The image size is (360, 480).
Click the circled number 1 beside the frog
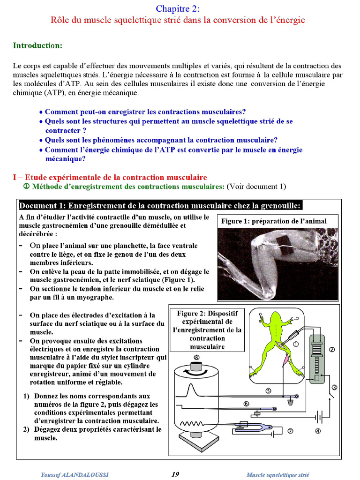(x=296, y=344)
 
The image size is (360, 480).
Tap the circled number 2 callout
(x=332, y=349)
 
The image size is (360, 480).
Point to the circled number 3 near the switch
(x=334, y=387)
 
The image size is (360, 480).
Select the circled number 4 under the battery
(x=317, y=431)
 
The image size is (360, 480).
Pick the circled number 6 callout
(x=246, y=404)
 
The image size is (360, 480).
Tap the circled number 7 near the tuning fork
(x=290, y=431)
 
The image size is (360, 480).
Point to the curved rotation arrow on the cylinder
(x=196, y=372)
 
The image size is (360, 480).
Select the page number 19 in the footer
(x=175, y=474)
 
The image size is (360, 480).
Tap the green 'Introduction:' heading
(x=37, y=45)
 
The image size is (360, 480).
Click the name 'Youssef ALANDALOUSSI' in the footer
(x=75, y=475)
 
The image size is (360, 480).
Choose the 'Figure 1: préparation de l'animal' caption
(x=280, y=221)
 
